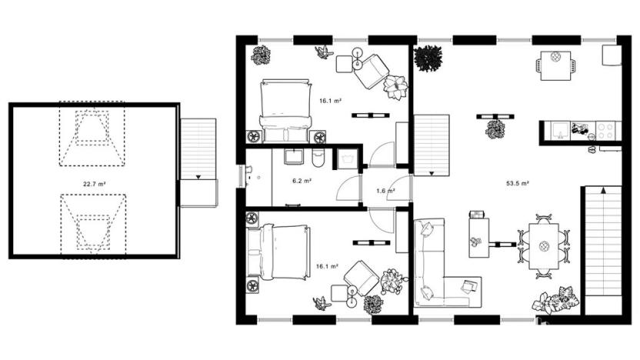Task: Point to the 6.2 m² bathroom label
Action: tap(302, 181)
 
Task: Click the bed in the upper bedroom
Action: tap(285, 109)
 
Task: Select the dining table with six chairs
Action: tap(544, 245)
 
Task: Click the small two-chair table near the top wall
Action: tap(555, 63)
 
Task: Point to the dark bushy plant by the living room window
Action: tap(428, 58)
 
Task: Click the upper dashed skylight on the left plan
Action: tap(92, 136)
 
